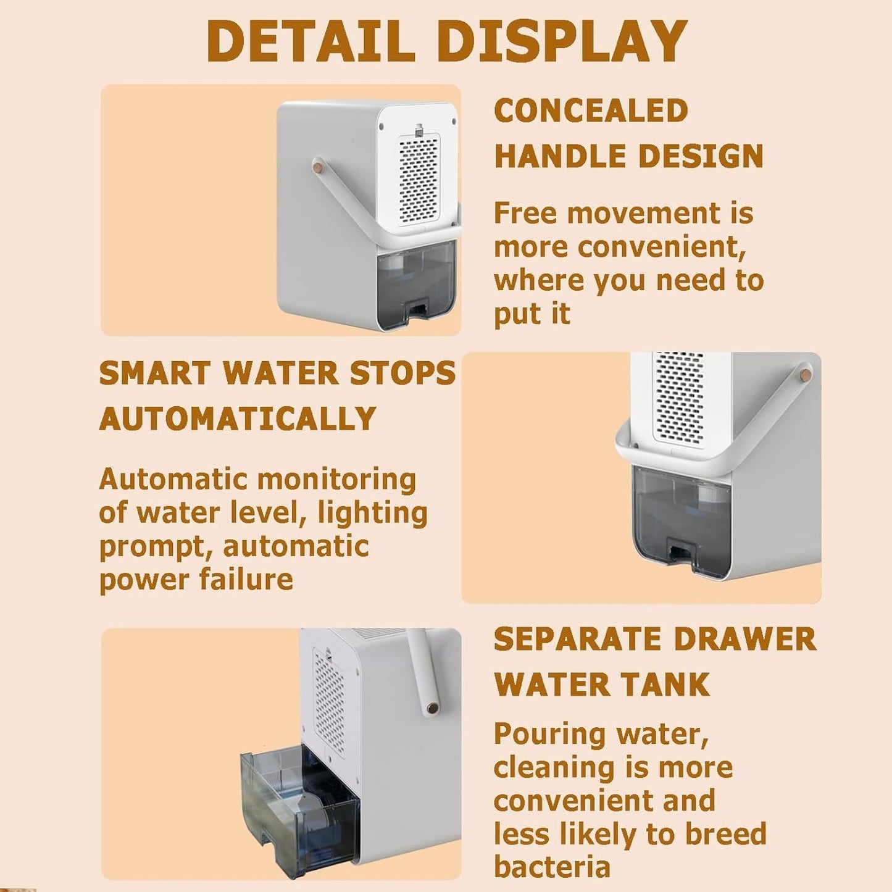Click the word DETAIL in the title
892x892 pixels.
click(x=311, y=41)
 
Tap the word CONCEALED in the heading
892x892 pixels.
click(x=591, y=111)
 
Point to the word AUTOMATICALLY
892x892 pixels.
click(x=238, y=419)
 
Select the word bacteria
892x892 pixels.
click(x=552, y=867)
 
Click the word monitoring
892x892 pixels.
click(x=336, y=480)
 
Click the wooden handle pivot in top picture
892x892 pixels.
click(x=318, y=165)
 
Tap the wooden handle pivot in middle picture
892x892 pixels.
click(x=806, y=374)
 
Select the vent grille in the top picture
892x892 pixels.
click(x=419, y=180)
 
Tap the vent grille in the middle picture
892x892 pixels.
click(x=680, y=398)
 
